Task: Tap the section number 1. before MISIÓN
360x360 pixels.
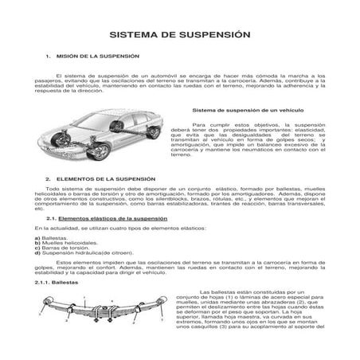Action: click(x=49, y=57)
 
